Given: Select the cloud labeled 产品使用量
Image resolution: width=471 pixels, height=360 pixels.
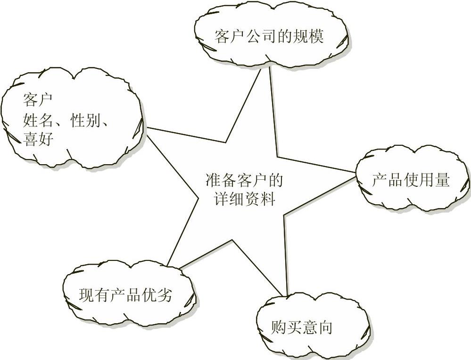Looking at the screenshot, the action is tap(410, 179).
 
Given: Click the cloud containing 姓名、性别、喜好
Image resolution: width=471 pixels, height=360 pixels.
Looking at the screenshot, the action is tap(71, 118).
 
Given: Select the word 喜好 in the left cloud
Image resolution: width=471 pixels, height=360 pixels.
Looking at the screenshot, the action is tap(37, 140).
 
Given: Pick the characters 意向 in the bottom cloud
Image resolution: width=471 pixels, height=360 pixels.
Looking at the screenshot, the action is tap(317, 327).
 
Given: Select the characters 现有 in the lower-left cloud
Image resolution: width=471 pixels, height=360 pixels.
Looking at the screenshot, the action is tap(94, 295).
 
